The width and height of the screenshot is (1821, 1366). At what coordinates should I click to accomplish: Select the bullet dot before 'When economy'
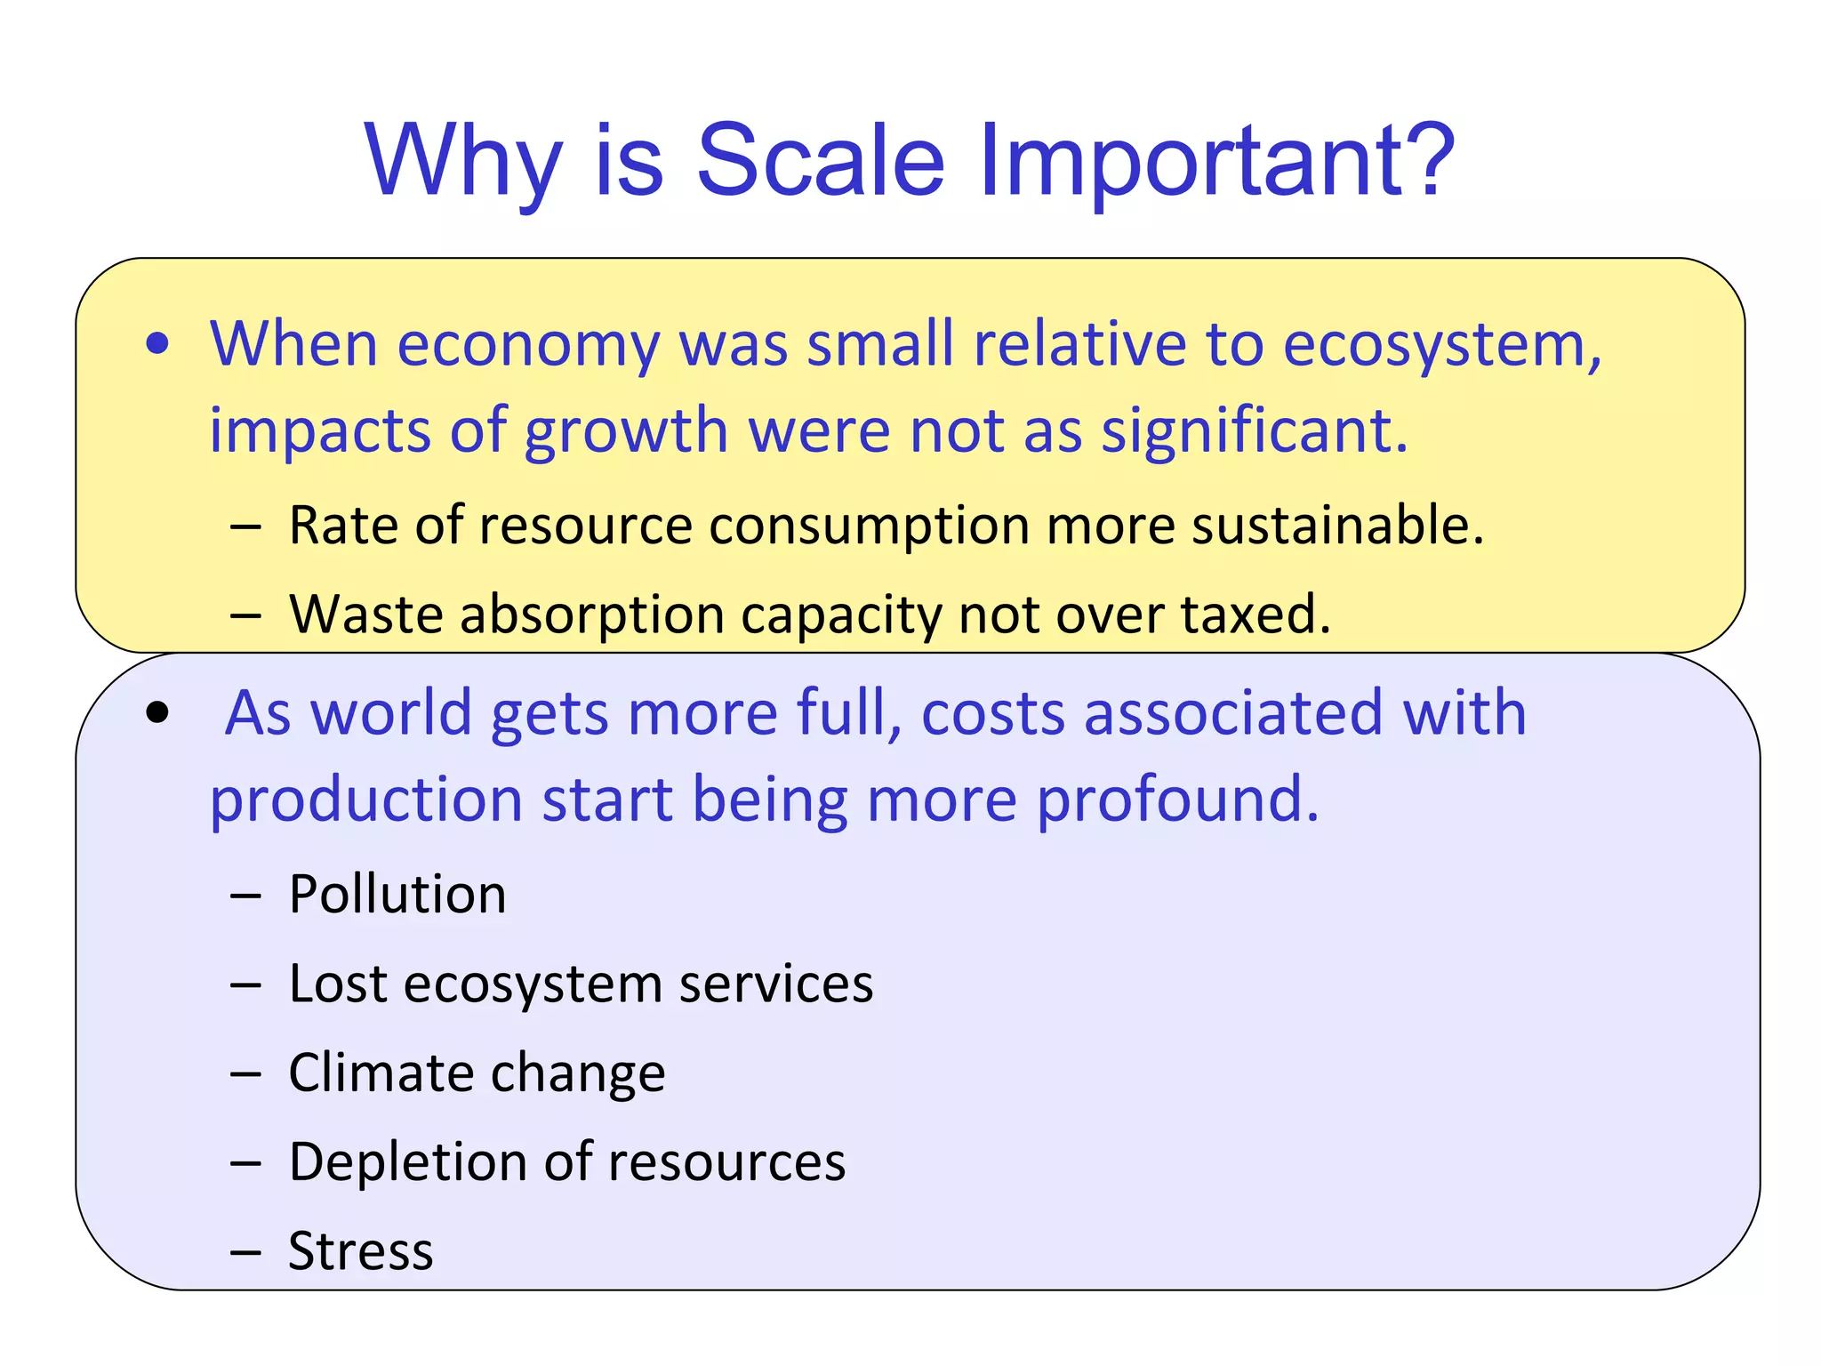(x=157, y=345)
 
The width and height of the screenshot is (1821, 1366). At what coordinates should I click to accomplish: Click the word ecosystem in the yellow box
(x=1441, y=345)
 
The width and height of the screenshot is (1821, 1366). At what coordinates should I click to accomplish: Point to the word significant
(x=1254, y=431)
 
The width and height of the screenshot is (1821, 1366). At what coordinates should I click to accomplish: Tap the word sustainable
(x=1337, y=525)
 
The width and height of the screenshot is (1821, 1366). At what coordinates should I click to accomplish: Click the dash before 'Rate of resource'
(x=245, y=526)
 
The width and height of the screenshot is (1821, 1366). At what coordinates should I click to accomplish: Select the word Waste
(x=365, y=614)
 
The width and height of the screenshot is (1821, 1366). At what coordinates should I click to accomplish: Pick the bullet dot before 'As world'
(x=157, y=712)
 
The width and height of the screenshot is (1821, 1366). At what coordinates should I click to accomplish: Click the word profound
(x=1177, y=800)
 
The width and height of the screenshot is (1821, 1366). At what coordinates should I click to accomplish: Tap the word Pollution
(x=397, y=894)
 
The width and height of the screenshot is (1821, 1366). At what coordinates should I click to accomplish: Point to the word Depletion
(x=407, y=1161)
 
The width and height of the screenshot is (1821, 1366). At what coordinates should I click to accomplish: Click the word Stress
(x=360, y=1251)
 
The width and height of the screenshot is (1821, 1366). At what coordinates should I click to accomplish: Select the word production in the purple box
(x=365, y=800)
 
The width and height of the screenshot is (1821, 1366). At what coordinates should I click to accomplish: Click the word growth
(x=626, y=431)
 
